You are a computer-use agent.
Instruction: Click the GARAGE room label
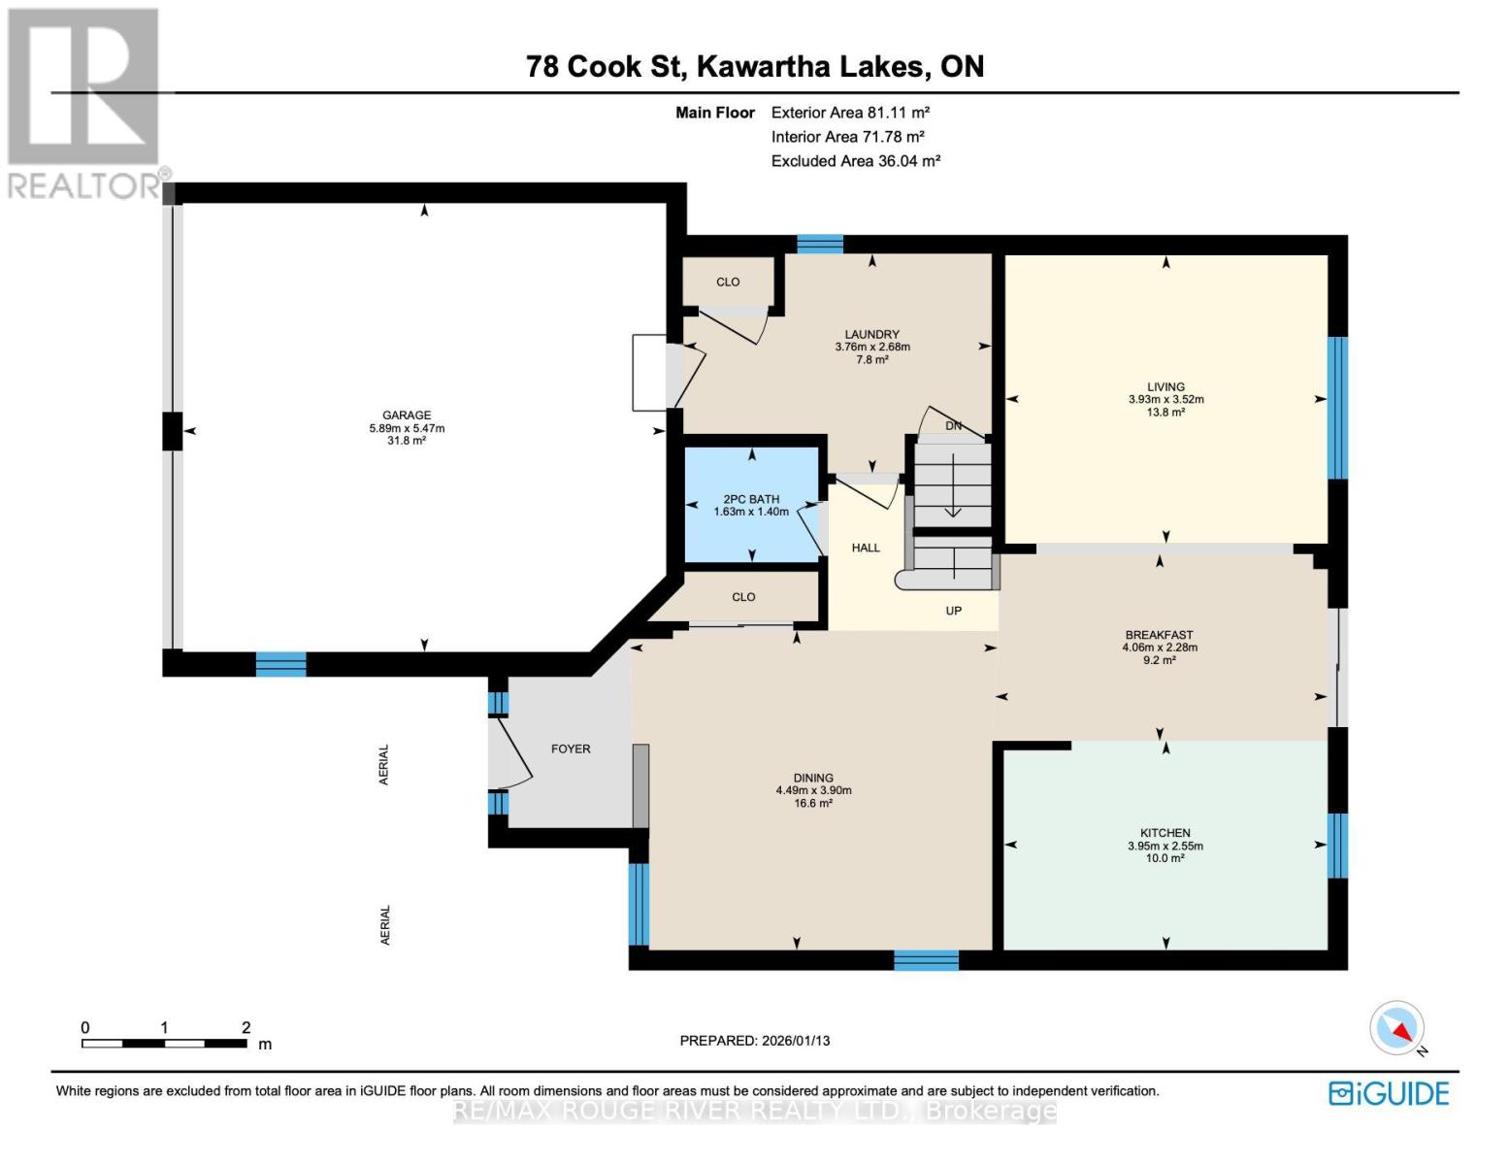[x=406, y=416]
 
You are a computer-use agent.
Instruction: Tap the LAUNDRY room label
[x=871, y=334]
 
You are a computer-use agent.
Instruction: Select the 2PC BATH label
[x=751, y=499]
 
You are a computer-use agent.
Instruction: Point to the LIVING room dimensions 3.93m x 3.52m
[x=1165, y=399]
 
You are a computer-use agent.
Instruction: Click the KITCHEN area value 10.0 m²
[x=1165, y=858]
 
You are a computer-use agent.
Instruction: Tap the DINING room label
[x=813, y=778]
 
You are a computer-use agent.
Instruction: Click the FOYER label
[x=571, y=749]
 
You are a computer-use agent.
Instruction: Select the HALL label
[x=866, y=548]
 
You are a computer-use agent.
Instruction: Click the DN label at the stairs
[x=953, y=426]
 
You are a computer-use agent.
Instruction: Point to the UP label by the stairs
[x=953, y=611]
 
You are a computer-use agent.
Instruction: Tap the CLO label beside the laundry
[x=728, y=282]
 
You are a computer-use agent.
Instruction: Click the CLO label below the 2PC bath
[x=743, y=597]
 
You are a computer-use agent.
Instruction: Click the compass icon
[x=1397, y=1028]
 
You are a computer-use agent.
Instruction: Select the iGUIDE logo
[x=1389, y=1093]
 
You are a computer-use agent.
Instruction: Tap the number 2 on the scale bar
[x=246, y=1027]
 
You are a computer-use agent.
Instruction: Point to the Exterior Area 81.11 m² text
[x=850, y=113]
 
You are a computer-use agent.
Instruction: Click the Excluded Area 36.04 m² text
[x=855, y=161]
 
